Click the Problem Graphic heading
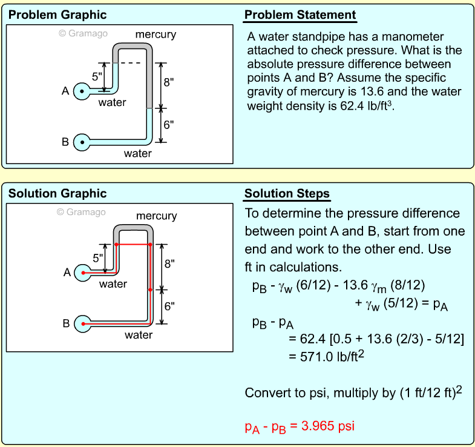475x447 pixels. point(57,15)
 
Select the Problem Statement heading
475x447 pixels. point(300,15)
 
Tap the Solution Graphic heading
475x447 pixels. point(57,194)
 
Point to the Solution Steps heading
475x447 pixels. point(287,194)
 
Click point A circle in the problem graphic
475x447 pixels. point(82,91)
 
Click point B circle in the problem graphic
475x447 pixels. point(82,142)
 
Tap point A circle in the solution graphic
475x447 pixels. point(83,273)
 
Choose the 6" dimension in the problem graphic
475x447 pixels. point(169,125)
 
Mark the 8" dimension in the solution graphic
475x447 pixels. point(170,264)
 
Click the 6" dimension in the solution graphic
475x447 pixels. point(170,306)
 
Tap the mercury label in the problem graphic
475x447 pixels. point(156,35)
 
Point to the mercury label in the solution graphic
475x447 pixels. point(156,216)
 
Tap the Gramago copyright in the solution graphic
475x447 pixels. point(81,212)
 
